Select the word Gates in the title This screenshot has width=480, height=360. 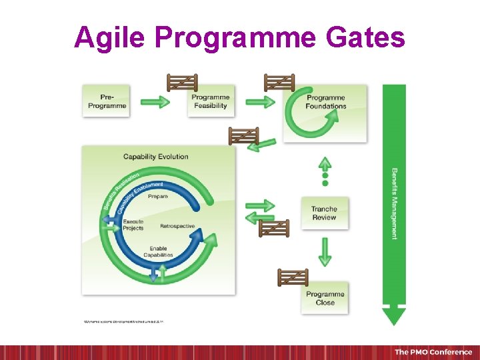click(366, 37)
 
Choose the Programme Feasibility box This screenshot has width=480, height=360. click(210, 101)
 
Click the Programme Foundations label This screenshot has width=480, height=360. click(326, 101)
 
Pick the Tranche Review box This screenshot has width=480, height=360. click(324, 213)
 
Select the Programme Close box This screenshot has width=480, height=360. click(325, 298)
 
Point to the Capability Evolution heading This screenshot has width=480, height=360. click(155, 157)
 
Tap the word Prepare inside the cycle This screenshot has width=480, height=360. click(158, 197)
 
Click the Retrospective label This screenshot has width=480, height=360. click(177, 226)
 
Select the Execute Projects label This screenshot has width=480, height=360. click(133, 225)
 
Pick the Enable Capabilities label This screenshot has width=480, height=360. click(158, 251)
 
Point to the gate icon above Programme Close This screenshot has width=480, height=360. click(293, 277)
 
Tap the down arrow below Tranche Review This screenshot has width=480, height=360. click(325, 251)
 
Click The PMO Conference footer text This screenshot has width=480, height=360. click(433, 352)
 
